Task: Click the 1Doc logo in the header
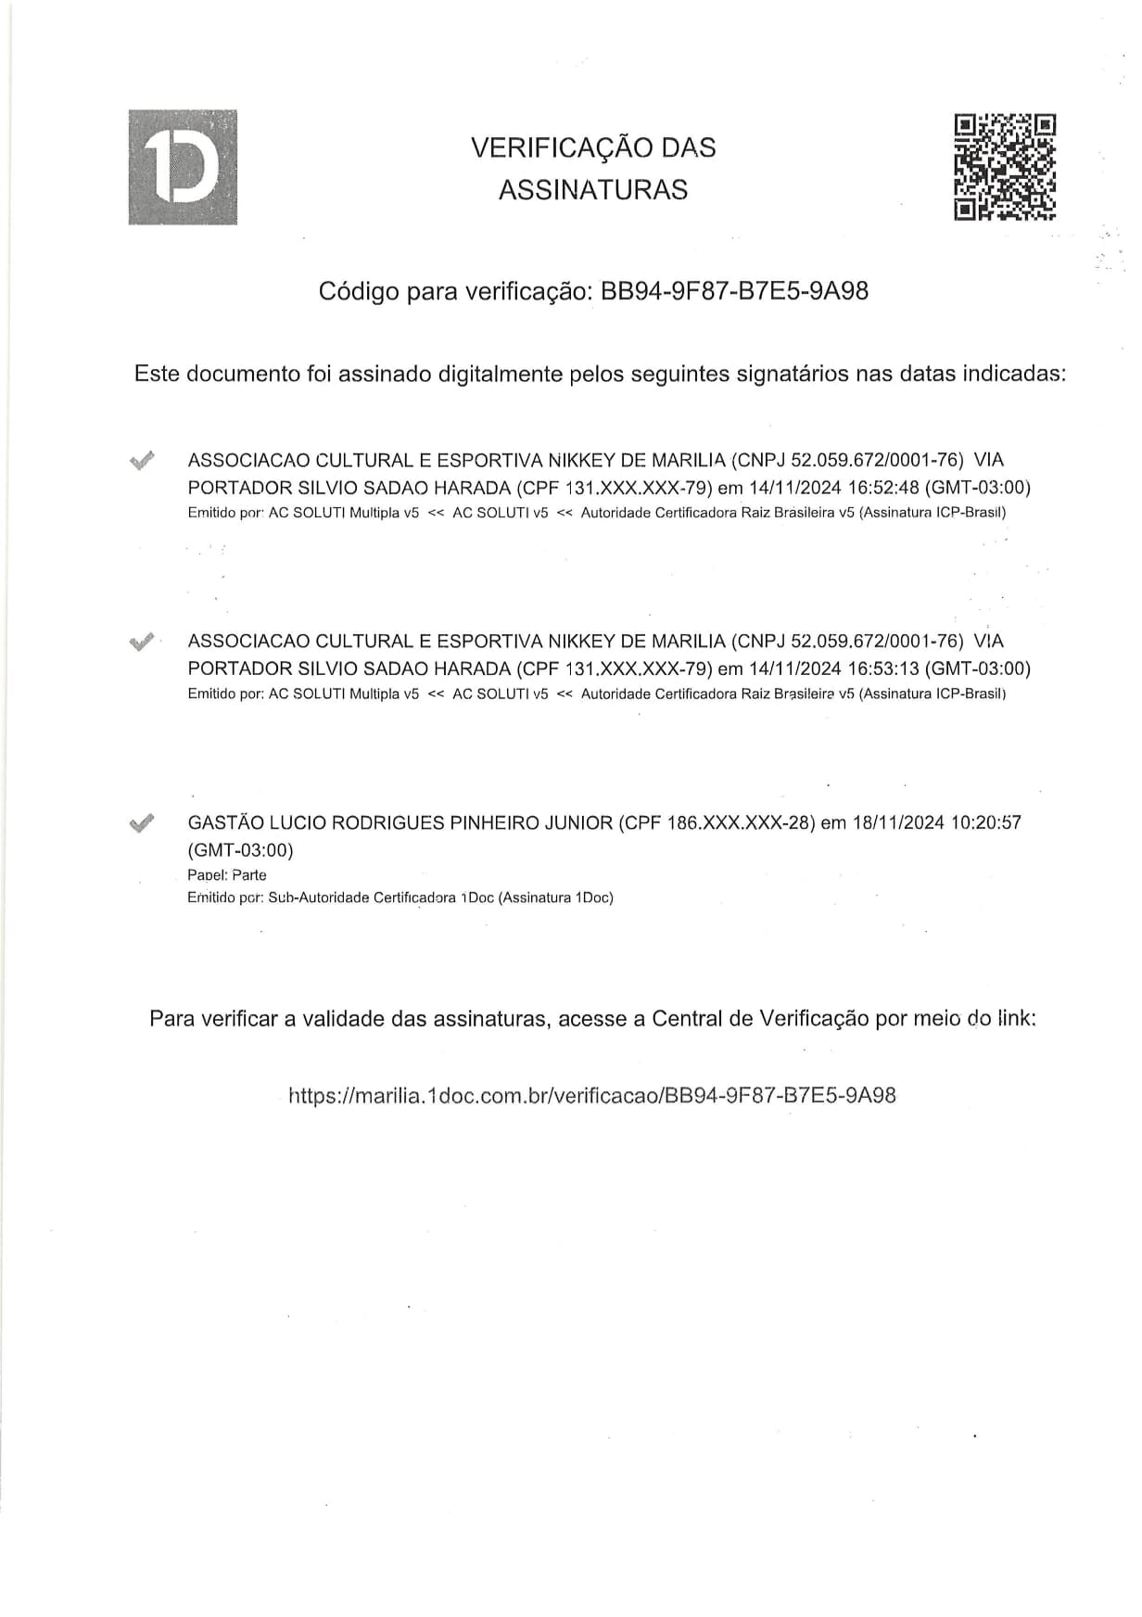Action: pos(183,167)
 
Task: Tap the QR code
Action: pos(1005,167)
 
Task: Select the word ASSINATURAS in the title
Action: pos(593,190)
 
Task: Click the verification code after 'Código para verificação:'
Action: pos(735,291)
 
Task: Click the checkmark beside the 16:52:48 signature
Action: pos(142,460)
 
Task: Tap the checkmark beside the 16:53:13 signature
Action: pos(142,641)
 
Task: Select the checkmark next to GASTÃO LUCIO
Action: pos(142,822)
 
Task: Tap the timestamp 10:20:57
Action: pos(986,822)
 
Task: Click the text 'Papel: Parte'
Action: pos(227,875)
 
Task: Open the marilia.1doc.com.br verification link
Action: pos(592,1096)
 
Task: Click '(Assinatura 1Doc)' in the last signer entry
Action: pos(556,898)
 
